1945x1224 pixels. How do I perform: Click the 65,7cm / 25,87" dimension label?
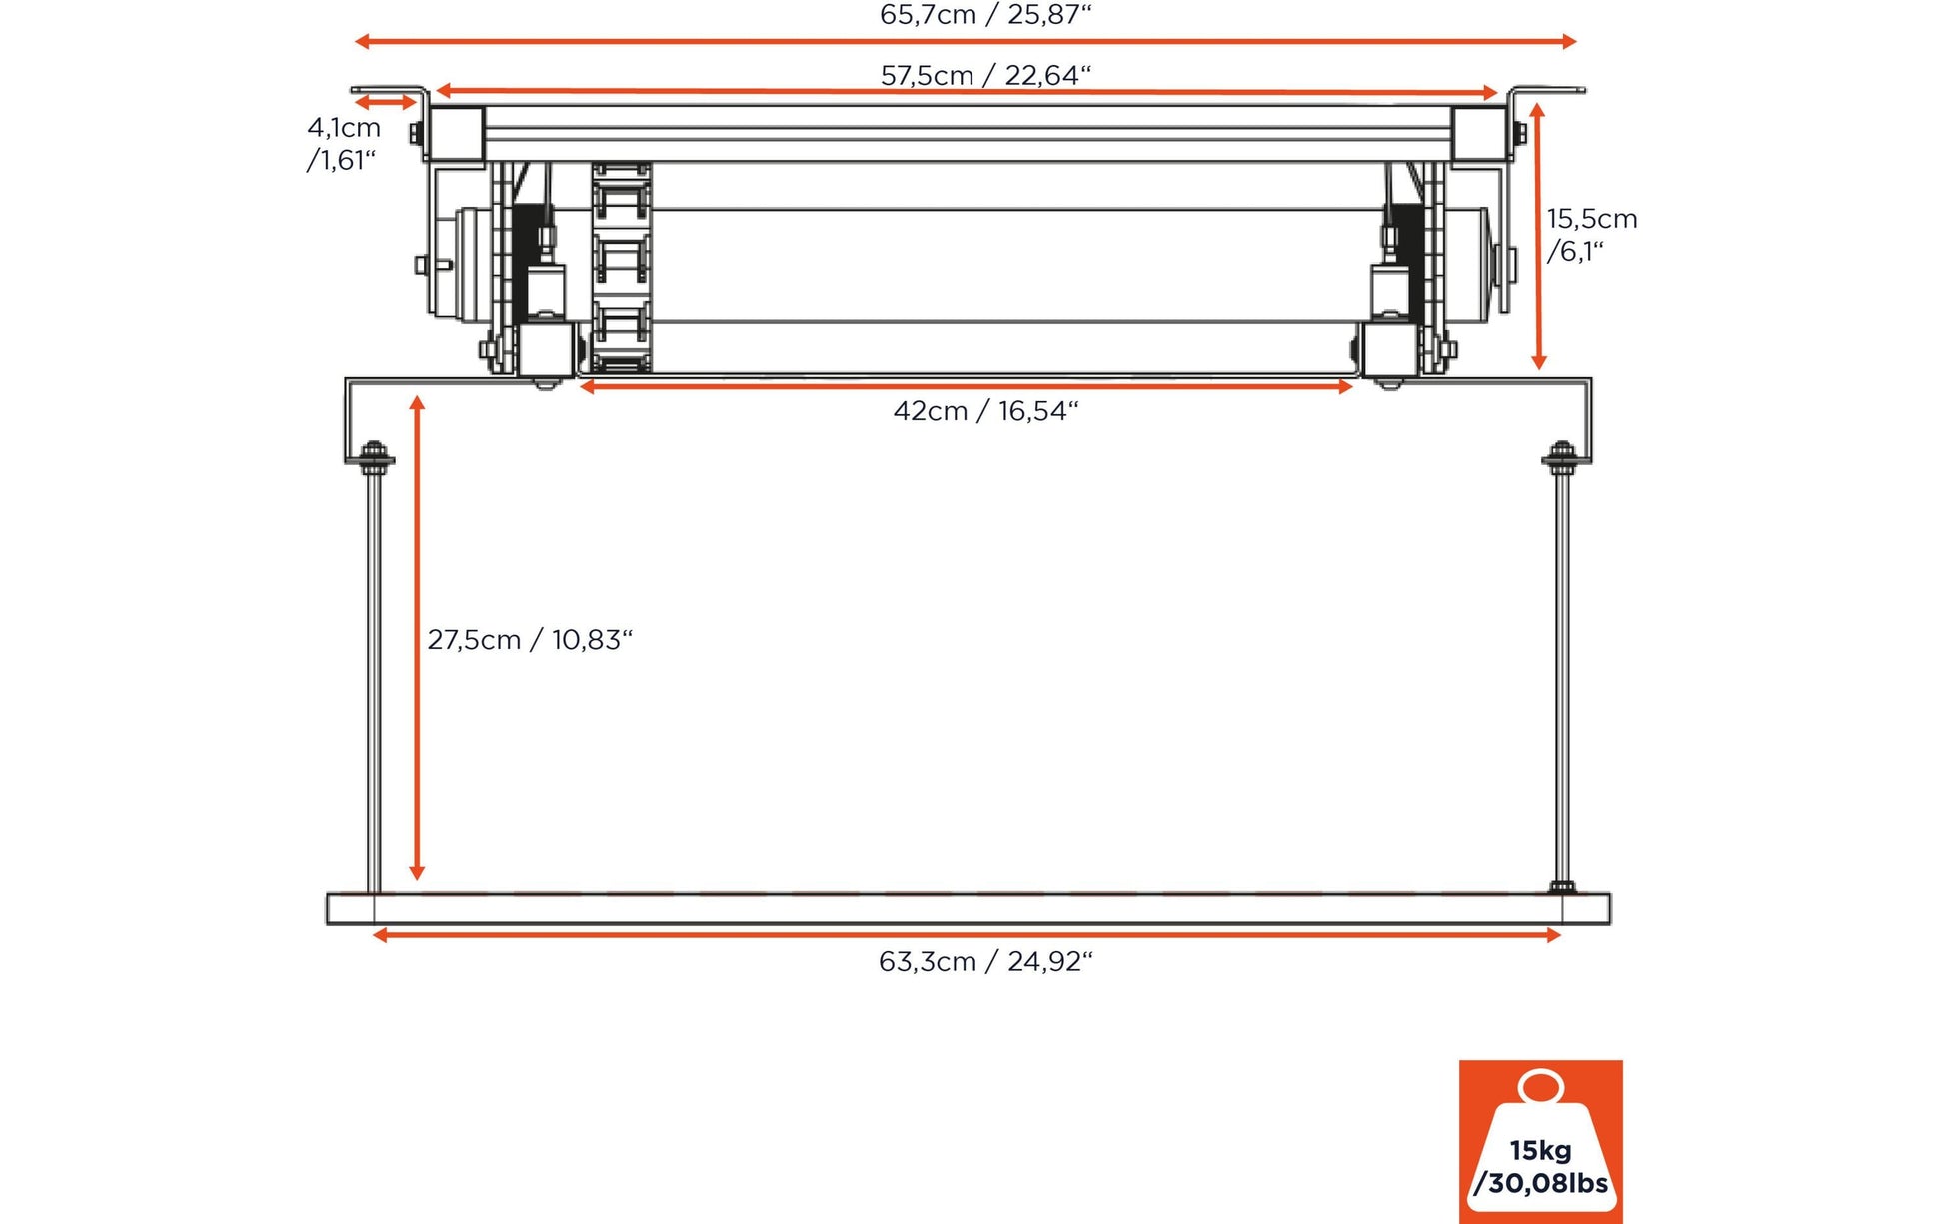pyautogui.click(x=985, y=15)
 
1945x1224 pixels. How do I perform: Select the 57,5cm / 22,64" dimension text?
pyautogui.click(x=985, y=75)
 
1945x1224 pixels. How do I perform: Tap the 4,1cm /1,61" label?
pyautogui.click(x=343, y=143)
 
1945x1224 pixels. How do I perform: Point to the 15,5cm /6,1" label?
pyautogui.click(x=1590, y=234)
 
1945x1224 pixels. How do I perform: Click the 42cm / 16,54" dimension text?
pyautogui.click(x=985, y=411)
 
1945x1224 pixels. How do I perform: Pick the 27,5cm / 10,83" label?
pyautogui.click(x=530, y=640)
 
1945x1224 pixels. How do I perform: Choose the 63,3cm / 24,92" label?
pyautogui.click(x=985, y=961)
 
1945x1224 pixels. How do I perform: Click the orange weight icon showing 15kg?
pyautogui.click(x=1540, y=1142)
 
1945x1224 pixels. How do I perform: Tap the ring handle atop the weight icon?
pyautogui.click(x=1540, y=1086)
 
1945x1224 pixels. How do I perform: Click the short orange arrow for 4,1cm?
pyautogui.click(x=385, y=102)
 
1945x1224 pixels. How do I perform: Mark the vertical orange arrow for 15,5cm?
pyautogui.click(x=1538, y=236)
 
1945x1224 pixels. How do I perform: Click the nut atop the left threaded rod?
pyautogui.click(x=374, y=452)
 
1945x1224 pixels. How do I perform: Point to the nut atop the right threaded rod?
pyautogui.click(x=1562, y=452)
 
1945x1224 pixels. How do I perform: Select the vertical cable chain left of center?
pyautogui.click(x=621, y=267)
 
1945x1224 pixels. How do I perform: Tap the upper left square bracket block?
pyautogui.click(x=457, y=134)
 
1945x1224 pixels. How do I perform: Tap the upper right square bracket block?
pyautogui.click(x=1478, y=134)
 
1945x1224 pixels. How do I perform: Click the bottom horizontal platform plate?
pyautogui.click(x=968, y=909)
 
